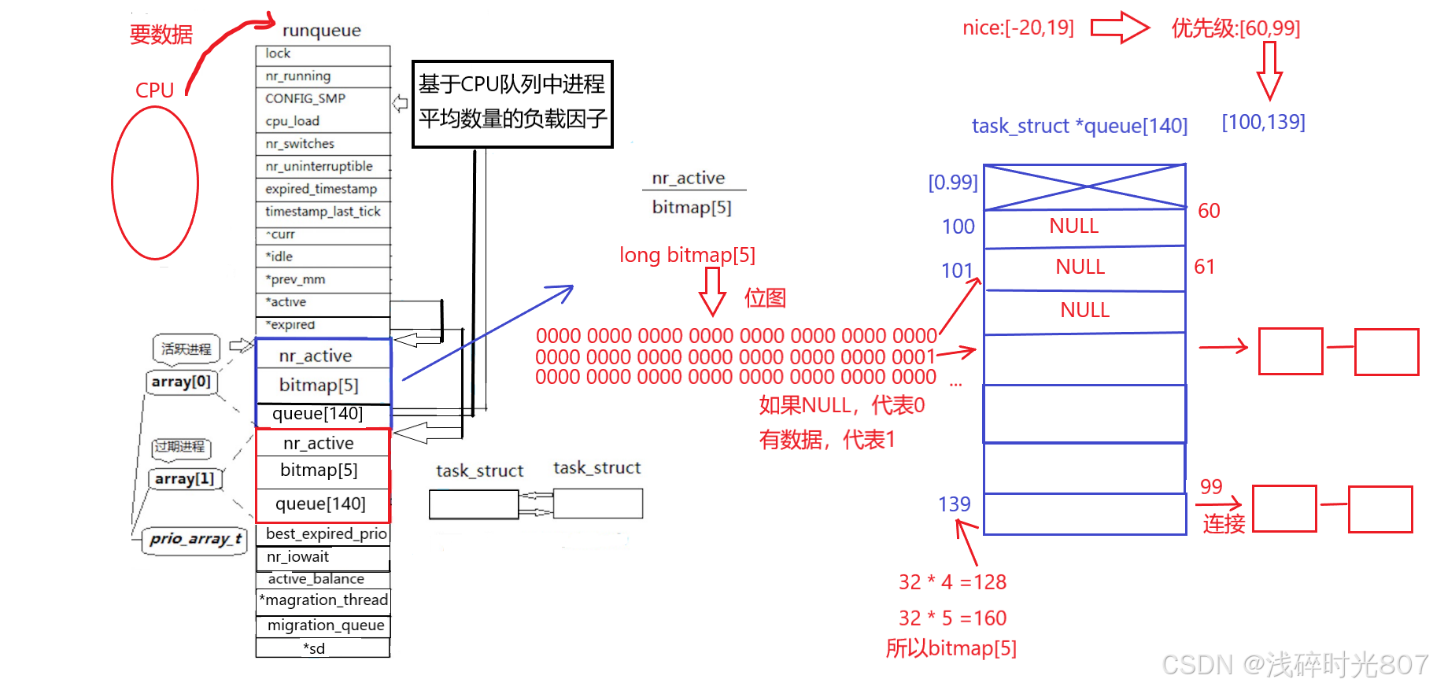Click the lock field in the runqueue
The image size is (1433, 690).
(323, 54)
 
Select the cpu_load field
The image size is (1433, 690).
(323, 121)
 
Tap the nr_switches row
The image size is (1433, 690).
(323, 144)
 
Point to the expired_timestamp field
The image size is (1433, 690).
(323, 190)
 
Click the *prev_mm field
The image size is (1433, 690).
(323, 279)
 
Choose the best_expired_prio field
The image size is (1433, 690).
(324, 533)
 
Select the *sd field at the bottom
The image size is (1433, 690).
(323, 648)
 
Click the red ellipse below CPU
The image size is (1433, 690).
(155, 183)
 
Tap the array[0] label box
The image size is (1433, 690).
(181, 382)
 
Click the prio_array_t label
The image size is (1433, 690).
(195, 540)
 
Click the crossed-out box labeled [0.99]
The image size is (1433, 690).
(1084, 187)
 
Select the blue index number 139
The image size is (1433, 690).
(954, 504)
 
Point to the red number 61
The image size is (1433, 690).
(1204, 267)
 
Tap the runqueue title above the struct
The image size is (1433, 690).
(321, 31)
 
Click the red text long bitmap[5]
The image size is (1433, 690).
(687, 255)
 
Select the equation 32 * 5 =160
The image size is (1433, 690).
(952, 618)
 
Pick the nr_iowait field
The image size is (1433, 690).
(323, 557)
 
